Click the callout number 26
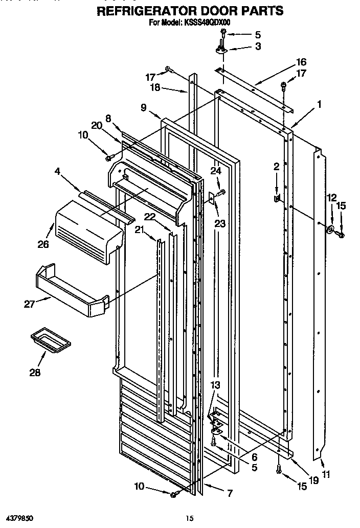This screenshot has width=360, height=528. [x=43, y=244]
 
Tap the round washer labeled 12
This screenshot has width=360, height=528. [x=331, y=231]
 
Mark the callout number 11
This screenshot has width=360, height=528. [x=326, y=474]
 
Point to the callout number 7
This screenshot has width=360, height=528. [x=230, y=493]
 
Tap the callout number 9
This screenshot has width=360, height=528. [x=144, y=107]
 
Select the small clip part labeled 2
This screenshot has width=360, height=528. [x=278, y=197]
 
